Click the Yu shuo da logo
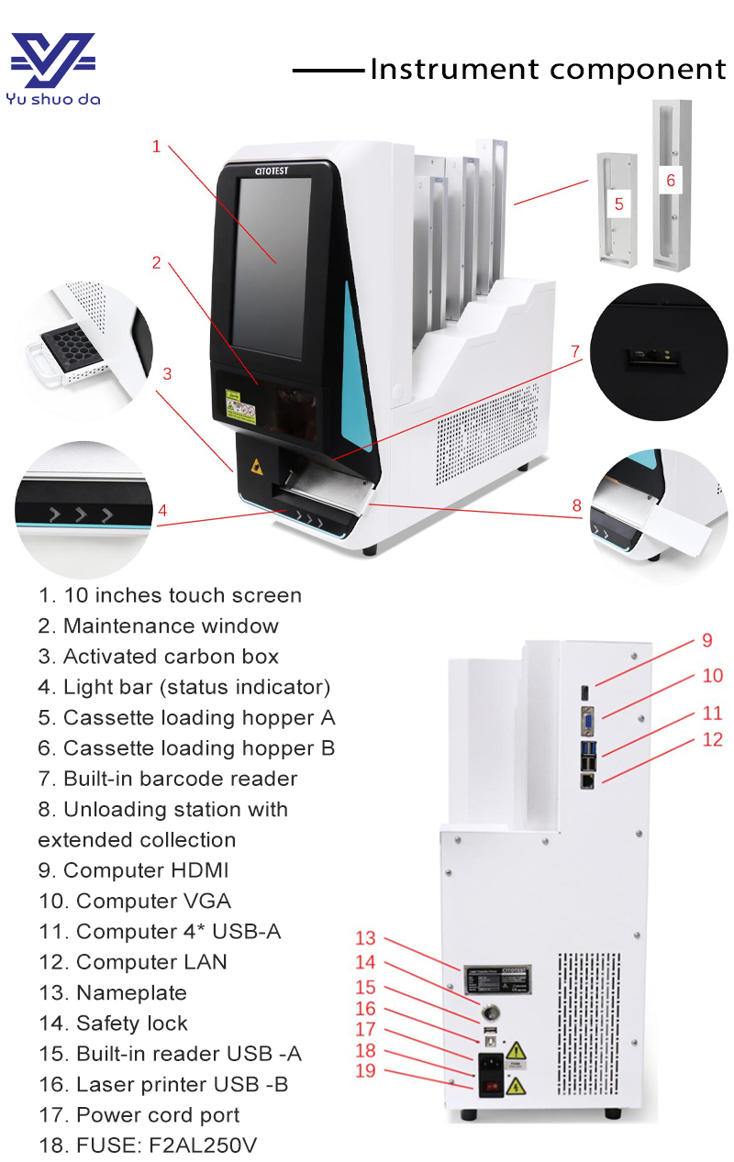[x=52, y=69]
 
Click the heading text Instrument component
[x=548, y=70]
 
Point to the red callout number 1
[x=156, y=147]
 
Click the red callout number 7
[x=575, y=351]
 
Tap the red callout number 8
[x=576, y=504]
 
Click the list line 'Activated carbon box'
[x=158, y=657]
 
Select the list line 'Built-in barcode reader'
[x=167, y=779]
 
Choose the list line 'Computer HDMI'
[x=133, y=870]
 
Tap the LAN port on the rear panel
[x=586, y=780]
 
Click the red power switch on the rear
[x=491, y=1089]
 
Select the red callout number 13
[x=365, y=938]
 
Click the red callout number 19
[x=365, y=1070]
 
